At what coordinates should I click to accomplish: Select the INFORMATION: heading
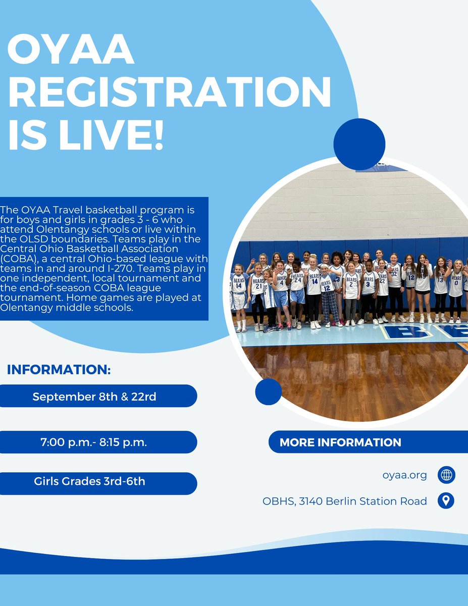point(59,370)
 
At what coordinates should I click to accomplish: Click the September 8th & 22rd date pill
point(94,396)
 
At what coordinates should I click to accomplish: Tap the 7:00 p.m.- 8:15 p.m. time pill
point(94,442)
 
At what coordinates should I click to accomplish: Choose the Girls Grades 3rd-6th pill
point(90,481)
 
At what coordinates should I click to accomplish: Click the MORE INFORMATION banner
point(340,442)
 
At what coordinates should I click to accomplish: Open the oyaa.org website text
point(405,475)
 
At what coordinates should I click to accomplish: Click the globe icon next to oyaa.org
point(446,475)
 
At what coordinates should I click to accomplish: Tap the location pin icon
point(446,500)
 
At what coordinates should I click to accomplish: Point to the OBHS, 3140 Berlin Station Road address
point(345,501)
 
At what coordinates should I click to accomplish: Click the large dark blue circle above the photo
point(359,144)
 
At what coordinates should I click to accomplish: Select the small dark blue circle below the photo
point(268,391)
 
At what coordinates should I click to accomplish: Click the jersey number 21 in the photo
point(258,286)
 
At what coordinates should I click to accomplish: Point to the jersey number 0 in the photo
point(456,282)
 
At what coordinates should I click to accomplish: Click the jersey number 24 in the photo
point(298,281)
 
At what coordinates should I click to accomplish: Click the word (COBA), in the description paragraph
point(18,258)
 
